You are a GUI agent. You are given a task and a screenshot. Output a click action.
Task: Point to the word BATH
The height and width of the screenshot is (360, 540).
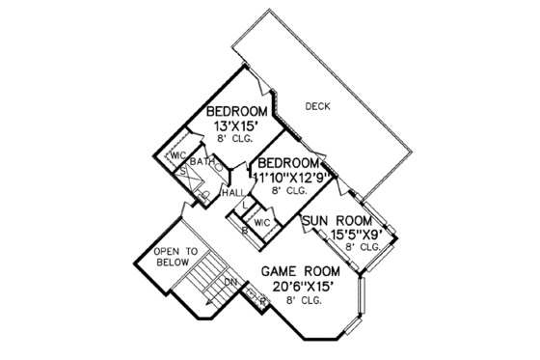202,161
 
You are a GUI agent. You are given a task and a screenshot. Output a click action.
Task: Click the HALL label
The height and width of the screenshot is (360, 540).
232,194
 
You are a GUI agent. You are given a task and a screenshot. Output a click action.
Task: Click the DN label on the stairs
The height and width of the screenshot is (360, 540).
231,281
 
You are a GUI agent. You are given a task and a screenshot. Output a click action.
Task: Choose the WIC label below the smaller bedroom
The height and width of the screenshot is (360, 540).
262,222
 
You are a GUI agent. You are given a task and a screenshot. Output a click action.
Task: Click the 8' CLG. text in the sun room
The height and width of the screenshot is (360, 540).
359,248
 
